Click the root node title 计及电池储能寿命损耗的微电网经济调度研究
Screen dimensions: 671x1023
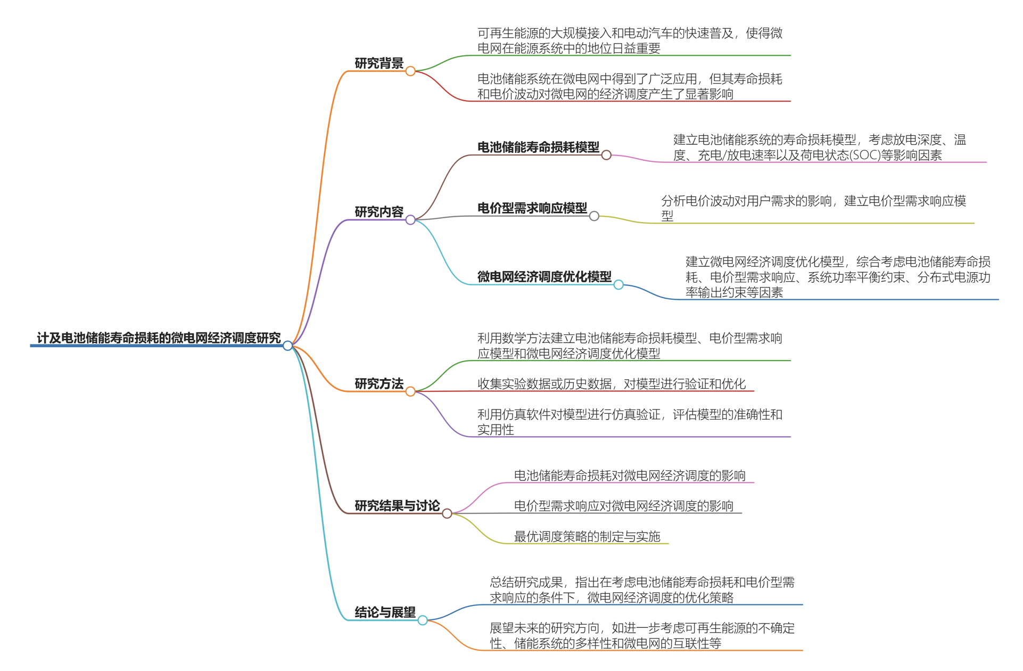coord(158,338)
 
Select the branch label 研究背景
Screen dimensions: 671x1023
coord(379,63)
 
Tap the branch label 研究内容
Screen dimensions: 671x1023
coord(379,212)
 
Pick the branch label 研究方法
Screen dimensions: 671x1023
coord(379,384)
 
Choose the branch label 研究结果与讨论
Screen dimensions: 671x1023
coord(397,506)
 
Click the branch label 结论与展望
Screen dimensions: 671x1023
coord(385,612)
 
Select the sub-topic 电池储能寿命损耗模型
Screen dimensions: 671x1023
coord(538,147)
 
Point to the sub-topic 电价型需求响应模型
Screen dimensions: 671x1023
coord(532,208)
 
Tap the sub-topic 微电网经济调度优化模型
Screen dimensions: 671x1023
coord(544,277)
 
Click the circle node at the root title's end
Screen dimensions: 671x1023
coord(288,346)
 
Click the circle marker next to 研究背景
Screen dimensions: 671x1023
coord(410,71)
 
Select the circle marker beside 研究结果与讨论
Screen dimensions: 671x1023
coord(447,513)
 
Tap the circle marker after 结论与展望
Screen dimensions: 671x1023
coord(423,620)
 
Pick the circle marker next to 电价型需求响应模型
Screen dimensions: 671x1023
coord(594,216)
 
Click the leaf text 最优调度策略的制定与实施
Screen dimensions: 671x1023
coord(587,536)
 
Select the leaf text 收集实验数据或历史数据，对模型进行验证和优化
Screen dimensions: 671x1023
coord(612,384)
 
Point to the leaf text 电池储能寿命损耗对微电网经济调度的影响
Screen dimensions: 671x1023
coord(630,476)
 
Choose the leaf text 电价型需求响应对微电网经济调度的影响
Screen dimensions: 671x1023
coord(623,506)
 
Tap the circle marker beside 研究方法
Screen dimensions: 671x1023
coord(410,391)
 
